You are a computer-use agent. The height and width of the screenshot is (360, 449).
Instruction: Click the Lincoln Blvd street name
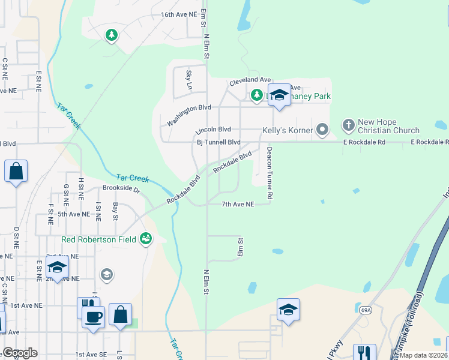coord(214,130)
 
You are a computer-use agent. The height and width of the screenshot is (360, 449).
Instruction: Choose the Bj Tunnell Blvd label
coord(218,142)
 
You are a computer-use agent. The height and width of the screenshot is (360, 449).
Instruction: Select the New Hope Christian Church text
coord(388,126)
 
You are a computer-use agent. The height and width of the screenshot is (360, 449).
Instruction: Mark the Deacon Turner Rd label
coord(270,173)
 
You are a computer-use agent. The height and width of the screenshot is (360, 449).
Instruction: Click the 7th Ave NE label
coord(238,205)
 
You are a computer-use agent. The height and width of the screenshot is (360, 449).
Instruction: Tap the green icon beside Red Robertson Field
coord(145,239)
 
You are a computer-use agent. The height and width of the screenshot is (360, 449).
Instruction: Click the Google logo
coord(20,353)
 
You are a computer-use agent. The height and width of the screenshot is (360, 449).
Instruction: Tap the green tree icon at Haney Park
coord(256,95)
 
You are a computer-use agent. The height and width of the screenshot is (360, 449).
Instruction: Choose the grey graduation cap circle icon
coord(106,275)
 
